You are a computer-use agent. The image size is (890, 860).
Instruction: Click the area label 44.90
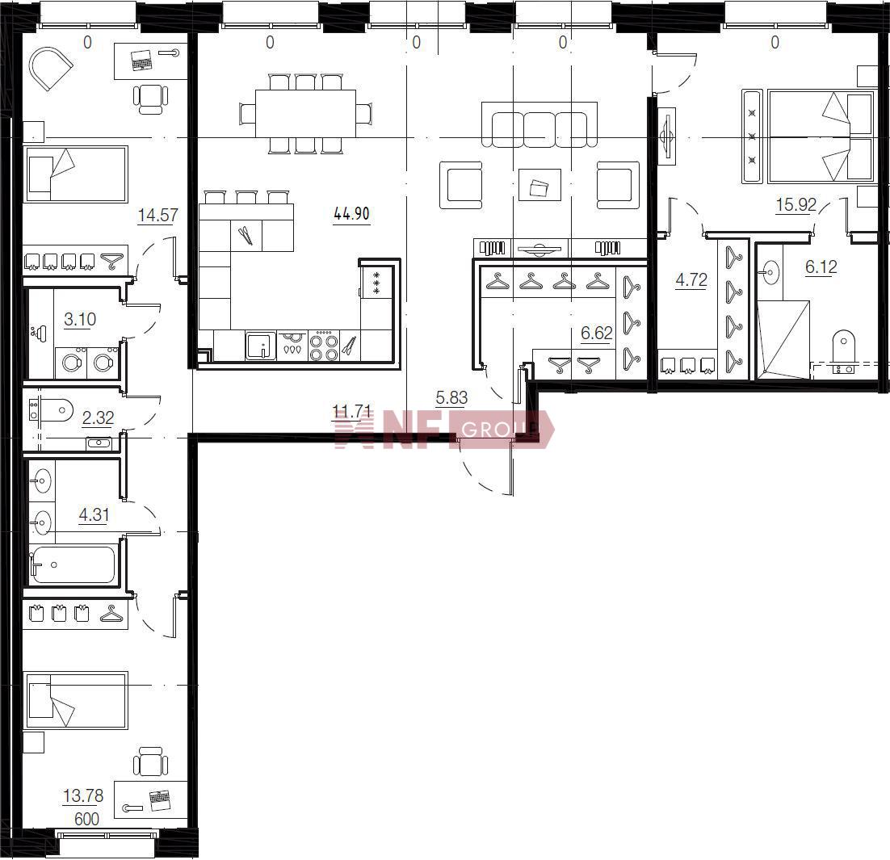point(352,214)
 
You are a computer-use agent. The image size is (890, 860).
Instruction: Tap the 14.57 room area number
point(157,215)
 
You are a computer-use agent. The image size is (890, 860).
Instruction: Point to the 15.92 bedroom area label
point(796,204)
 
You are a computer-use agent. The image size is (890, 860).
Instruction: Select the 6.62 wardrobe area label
point(597,333)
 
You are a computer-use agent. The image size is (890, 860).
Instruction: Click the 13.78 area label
point(83,795)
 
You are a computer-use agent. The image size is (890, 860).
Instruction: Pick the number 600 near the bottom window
point(86,819)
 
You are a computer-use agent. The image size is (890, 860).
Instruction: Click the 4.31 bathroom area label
point(94,515)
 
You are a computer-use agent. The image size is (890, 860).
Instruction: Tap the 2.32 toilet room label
point(99,418)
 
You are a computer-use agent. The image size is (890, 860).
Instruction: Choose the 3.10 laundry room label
point(80,319)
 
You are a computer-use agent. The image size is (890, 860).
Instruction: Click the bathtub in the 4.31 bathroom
point(73,564)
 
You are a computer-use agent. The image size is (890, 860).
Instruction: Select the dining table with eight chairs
point(305,114)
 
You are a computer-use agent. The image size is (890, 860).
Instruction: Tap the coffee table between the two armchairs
point(539,185)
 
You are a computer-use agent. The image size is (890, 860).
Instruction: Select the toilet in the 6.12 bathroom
point(843,352)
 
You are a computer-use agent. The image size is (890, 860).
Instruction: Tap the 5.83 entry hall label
point(451,398)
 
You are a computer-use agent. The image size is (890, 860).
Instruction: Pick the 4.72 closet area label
point(691,280)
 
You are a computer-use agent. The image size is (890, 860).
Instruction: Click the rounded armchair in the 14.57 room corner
point(50,68)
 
